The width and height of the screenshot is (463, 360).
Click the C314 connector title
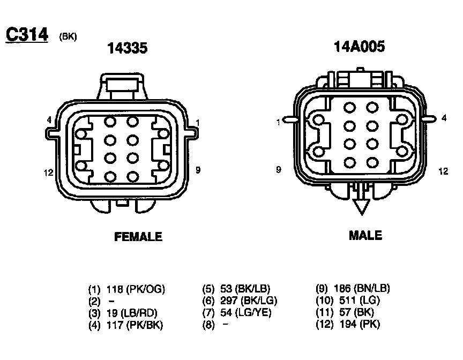tap(27, 34)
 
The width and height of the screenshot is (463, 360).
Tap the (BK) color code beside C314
tap(68, 36)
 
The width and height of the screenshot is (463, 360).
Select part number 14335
tap(127, 48)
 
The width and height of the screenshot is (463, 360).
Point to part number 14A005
tap(359, 47)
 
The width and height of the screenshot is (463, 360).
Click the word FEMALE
tap(138, 237)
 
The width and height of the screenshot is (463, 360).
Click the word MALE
tap(365, 236)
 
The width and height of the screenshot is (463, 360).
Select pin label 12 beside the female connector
tap(48, 172)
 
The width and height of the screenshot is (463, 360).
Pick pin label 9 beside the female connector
tap(198, 170)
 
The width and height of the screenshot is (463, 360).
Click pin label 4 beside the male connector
tap(444, 118)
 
